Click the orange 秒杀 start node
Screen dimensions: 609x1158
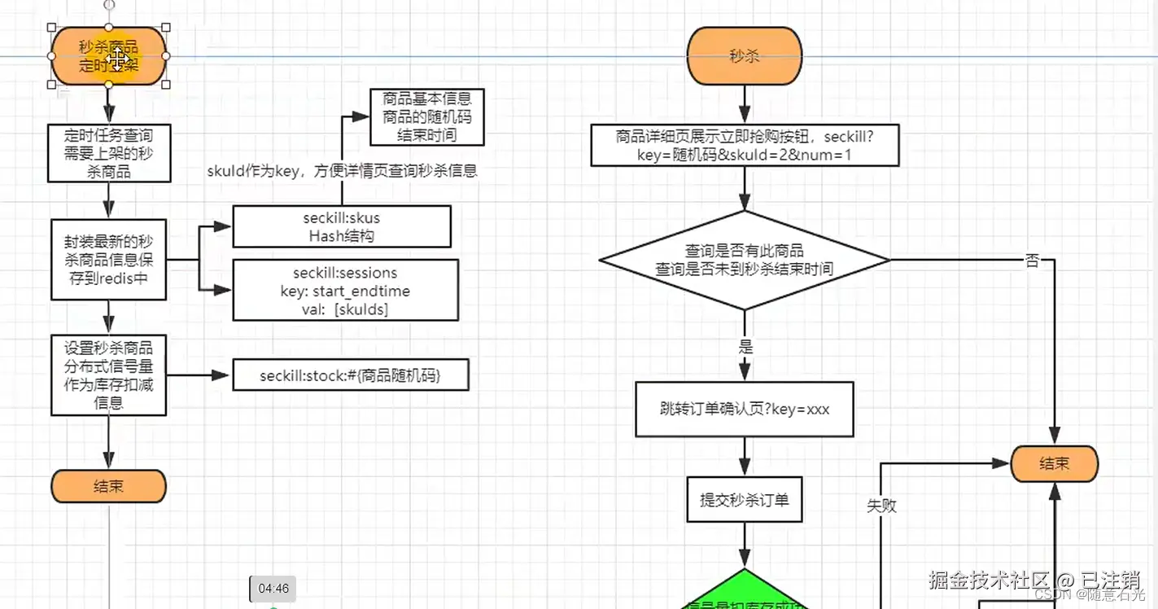click(x=745, y=56)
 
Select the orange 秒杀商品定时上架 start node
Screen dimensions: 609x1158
click(x=109, y=56)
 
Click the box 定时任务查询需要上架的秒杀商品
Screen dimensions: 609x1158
click(x=109, y=153)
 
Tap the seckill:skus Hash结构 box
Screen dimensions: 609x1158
click(x=342, y=226)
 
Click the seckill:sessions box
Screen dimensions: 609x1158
click(x=345, y=291)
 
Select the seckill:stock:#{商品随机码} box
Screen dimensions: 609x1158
click(x=351, y=375)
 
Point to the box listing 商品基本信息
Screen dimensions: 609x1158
click(x=427, y=117)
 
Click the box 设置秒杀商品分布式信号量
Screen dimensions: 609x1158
click(x=109, y=375)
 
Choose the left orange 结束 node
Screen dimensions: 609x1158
click(x=109, y=486)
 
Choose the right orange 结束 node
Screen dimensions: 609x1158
click(x=1055, y=464)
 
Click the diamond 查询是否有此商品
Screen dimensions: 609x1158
click(x=745, y=261)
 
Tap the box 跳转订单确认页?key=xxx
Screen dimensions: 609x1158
click(x=745, y=410)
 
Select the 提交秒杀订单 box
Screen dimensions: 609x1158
click(x=745, y=499)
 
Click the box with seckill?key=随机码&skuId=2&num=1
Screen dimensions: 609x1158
click(x=745, y=145)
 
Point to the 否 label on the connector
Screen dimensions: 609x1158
click(x=1032, y=261)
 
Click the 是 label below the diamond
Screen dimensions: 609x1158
click(x=745, y=347)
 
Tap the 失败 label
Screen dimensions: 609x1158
click(x=881, y=506)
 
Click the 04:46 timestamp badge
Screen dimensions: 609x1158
click(x=273, y=589)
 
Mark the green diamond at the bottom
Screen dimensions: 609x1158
click(x=745, y=593)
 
